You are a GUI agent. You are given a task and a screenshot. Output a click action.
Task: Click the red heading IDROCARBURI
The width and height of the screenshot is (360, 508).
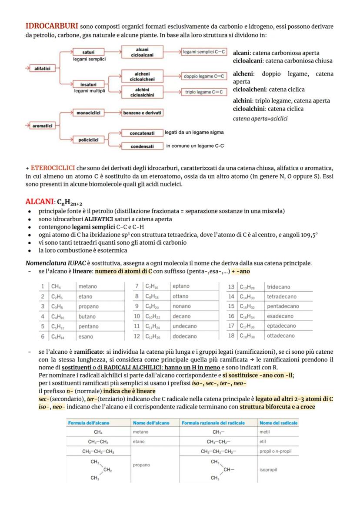click(x=52, y=27)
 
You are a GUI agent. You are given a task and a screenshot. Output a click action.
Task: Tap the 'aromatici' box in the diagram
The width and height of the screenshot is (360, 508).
click(x=42, y=126)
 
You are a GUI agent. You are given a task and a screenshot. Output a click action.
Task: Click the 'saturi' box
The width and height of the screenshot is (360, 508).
click(x=88, y=53)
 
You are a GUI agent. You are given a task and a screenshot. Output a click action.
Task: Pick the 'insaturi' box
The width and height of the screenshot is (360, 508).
click(x=88, y=84)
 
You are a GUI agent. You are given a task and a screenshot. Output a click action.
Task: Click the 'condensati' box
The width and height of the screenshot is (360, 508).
click(x=142, y=146)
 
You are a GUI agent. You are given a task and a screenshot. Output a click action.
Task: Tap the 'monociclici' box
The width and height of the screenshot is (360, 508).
click(x=88, y=113)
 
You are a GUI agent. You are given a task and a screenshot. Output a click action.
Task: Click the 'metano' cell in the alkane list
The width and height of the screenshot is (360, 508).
click(x=87, y=286)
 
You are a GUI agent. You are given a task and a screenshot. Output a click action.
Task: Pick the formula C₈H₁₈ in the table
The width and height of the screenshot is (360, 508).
click(x=151, y=296)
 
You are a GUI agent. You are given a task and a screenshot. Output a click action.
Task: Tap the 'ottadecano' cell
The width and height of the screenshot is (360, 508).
click(x=280, y=335)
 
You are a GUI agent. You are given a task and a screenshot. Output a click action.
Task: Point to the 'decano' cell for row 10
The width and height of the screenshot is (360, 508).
click(x=181, y=316)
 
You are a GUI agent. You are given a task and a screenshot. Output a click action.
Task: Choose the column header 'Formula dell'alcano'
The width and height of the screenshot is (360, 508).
click(x=88, y=423)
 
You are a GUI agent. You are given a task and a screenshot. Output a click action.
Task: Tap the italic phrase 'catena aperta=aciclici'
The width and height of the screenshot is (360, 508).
click(x=260, y=119)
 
